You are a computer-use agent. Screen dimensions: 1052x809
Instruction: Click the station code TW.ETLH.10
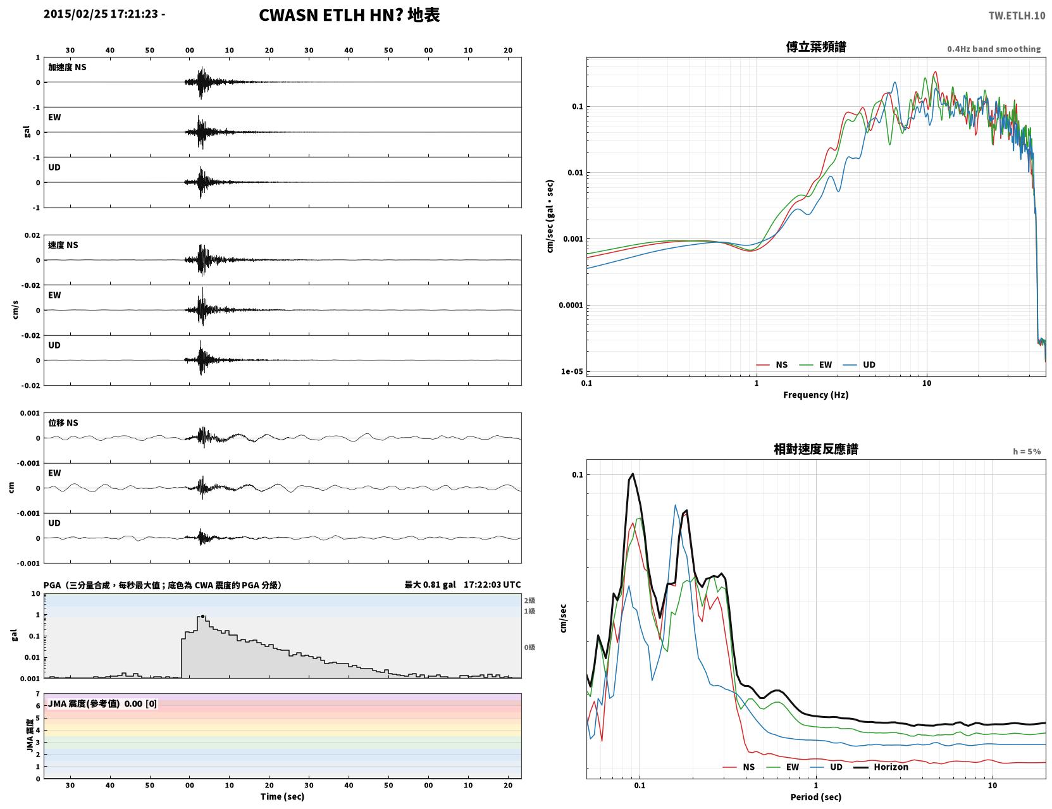coord(1017,15)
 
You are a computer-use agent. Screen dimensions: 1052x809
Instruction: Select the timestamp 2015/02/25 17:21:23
coord(101,13)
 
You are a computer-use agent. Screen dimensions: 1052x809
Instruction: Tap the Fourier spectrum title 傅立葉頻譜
coord(816,47)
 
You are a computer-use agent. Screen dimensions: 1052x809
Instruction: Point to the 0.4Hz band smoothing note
coord(993,49)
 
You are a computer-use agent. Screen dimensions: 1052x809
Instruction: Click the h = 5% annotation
coord(1026,452)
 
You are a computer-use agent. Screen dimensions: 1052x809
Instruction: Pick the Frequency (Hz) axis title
coord(816,395)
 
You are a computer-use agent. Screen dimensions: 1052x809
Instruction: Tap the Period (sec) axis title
coord(816,797)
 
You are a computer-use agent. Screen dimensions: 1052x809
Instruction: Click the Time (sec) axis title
coord(282,796)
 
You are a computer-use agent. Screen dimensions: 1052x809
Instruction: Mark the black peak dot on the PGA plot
coord(202,617)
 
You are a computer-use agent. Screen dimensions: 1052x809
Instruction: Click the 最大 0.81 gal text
coord(430,584)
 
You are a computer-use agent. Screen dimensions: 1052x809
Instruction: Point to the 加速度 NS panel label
coord(67,67)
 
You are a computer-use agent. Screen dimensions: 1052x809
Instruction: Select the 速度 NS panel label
coord(63,245)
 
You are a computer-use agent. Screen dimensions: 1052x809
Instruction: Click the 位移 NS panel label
coord(63,423)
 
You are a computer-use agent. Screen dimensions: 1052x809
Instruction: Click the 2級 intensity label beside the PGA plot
coord(529,600)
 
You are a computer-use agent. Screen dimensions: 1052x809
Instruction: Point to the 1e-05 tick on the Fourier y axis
coord(572,371)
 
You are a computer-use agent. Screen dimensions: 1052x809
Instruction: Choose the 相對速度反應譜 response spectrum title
coord(816,449)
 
